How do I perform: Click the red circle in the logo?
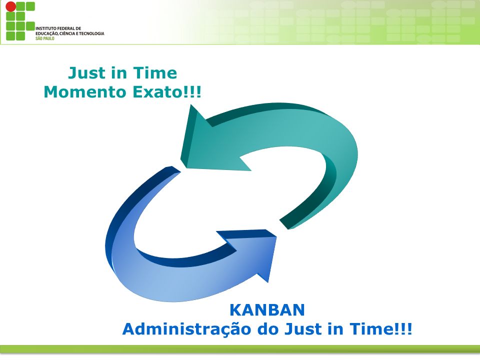tap(10, 6)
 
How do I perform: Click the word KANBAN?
tap(267, 310)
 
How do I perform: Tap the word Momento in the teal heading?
tap(85, 92)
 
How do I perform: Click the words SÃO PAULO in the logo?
tap(44, 38)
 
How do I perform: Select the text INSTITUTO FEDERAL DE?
tap(58, 28)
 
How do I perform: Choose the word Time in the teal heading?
tap(155, 73)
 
